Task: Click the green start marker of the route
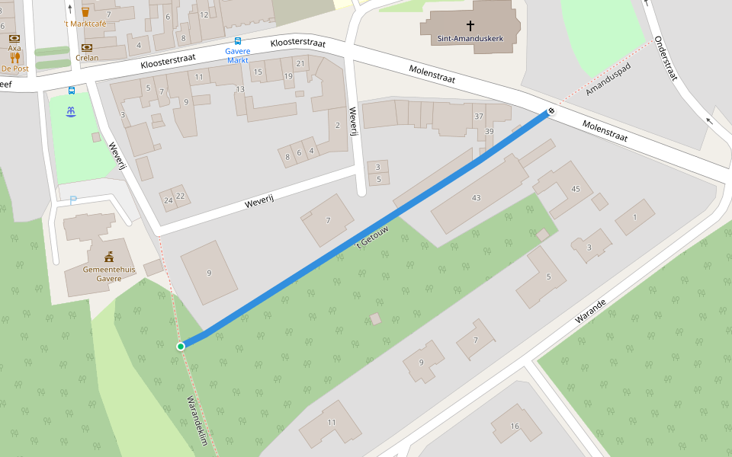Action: pos(181,347)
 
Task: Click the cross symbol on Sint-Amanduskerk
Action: pos(470,26)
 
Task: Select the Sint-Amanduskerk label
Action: pos(470,38)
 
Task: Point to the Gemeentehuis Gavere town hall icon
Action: pos(109,257)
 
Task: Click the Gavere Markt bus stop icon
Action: pos(238,41)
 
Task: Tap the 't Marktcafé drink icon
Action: pos(85,11)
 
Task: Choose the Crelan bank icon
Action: pos(87,46)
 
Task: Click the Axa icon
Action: pos(14,38)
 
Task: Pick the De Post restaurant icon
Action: pos(14,57)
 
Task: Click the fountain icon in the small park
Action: pos(71,112)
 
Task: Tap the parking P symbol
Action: pos(73,201)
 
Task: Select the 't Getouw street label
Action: pos(373,235)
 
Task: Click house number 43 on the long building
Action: pos(477,198)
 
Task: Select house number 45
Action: pos(576,188)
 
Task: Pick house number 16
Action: pos(515,427)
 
